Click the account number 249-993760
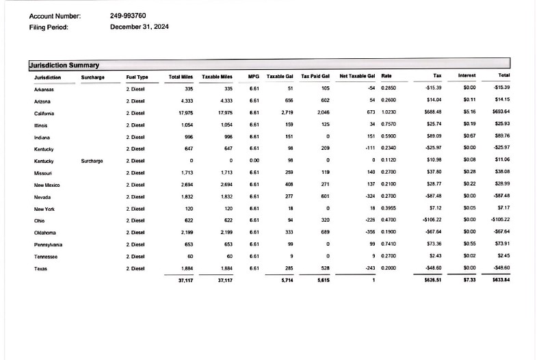tap(127, 15)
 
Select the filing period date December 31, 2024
tap(139, 27)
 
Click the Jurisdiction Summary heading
tap(64, 65)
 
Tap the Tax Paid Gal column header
tap(316, 76)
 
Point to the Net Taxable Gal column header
tap(358, 76)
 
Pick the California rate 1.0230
tap(389, 113)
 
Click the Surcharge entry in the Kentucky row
tap(92, 161)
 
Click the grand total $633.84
tap(501, 280)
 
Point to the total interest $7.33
tap(469, 280)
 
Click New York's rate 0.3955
tap(389, 209)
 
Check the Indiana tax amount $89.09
tap(434, 137)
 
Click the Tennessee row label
tap(47, 257)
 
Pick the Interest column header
tap(467, 76)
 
